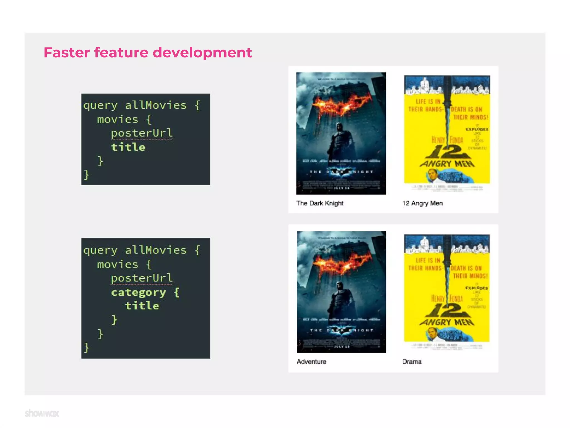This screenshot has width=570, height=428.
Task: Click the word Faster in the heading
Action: [67, 52]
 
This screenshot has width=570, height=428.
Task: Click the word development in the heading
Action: [202, 53]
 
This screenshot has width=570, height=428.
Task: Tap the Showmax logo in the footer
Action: [42, 413]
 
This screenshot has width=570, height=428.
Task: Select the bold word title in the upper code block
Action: [128, 147]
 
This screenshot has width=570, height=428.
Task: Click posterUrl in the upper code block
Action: [142, 133]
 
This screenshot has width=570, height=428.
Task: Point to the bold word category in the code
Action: [138, 292]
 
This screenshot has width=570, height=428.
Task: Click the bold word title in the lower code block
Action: [142, 306]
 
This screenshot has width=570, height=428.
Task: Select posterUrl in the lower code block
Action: [142, 278]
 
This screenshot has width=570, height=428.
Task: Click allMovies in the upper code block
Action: [156, 105]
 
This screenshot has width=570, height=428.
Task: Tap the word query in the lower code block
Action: [100, 250]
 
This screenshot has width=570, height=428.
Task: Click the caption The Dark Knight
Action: [320, 203]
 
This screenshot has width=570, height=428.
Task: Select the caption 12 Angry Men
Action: [422, 203]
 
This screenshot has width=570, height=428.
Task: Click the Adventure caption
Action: [311, 361]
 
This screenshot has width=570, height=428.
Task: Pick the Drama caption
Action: [412, 361]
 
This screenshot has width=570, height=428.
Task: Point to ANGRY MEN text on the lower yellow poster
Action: [447, 322]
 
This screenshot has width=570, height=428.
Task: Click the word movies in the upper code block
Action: [117, 120]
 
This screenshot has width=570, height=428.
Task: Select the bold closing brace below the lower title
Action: [114, 320]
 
